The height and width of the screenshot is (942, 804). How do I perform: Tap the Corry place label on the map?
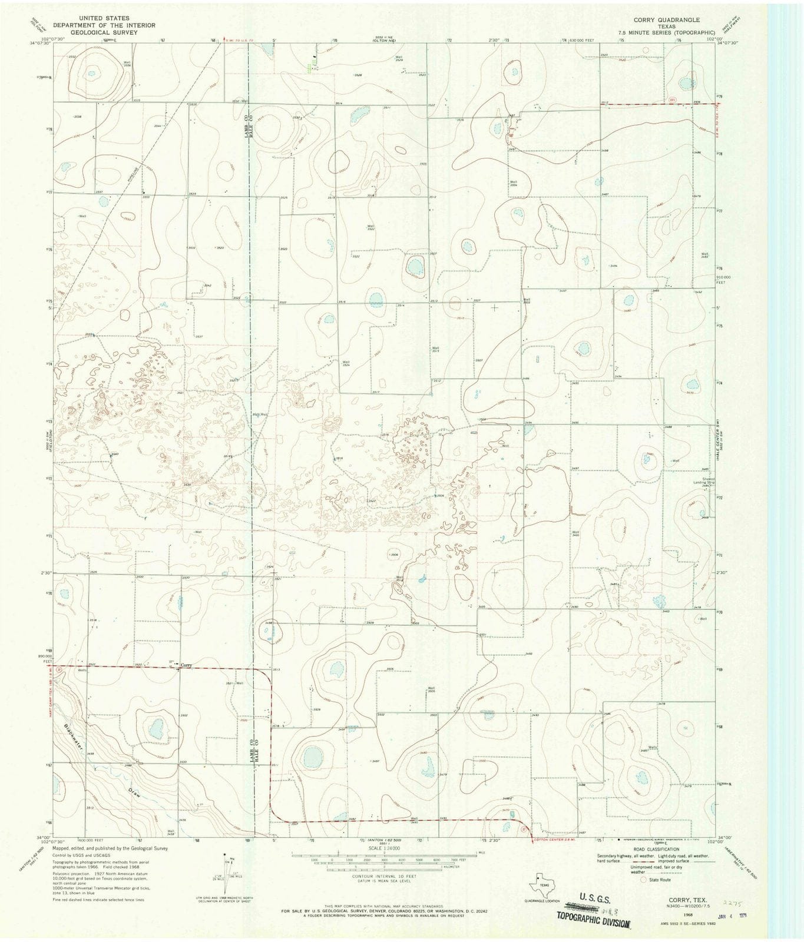(186, 665)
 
